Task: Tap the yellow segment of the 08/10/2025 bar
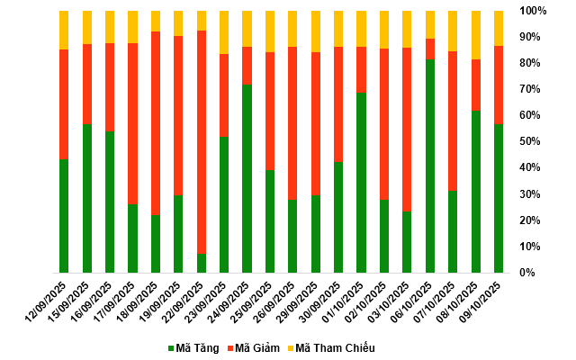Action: coord(476,35)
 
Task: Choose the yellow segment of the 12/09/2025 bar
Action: coord(64,30)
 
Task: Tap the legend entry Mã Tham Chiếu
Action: coord(335,348)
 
